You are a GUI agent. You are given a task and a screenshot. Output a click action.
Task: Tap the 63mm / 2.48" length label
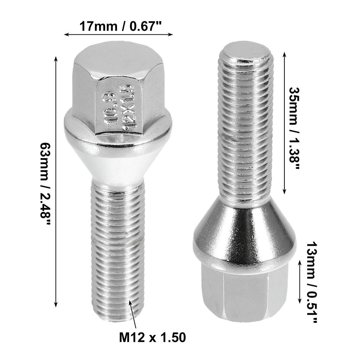[x=46, y=180]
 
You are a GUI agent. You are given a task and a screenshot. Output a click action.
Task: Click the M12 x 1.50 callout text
[x=152, y=338]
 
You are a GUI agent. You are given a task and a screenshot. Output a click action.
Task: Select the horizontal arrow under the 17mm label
[x=118, y=34]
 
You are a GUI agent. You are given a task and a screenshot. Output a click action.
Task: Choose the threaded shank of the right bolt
[x=245, y=127]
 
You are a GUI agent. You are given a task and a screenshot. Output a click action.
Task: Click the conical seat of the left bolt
[x=118, y=158]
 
